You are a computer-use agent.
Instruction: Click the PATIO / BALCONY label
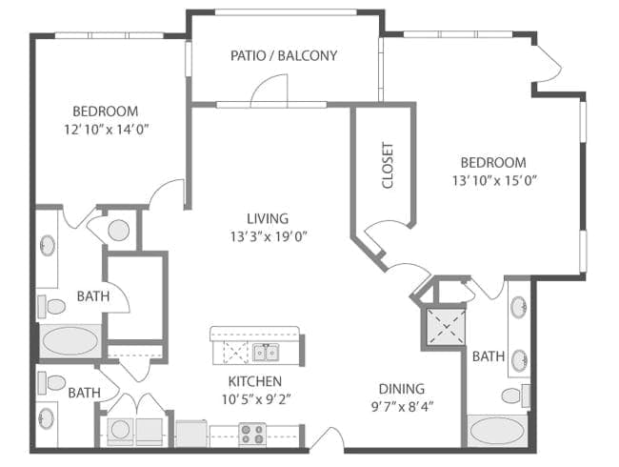click(284, 55)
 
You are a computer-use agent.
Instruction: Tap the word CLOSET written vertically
click(388, 165)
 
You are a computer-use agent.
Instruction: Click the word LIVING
click(266, 218)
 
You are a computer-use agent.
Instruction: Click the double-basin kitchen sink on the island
click(266, 354)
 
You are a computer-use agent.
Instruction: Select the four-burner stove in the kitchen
click(251, 434)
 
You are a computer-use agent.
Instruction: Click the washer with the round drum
click(121, 432)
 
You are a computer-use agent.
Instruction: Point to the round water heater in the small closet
click(119, 230)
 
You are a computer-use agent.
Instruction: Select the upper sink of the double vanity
click(518, 308)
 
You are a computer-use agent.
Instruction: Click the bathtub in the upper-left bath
click(69, 340)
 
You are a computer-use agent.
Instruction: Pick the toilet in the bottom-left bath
click(53, 383)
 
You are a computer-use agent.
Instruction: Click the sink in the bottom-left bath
click(48, 418)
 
